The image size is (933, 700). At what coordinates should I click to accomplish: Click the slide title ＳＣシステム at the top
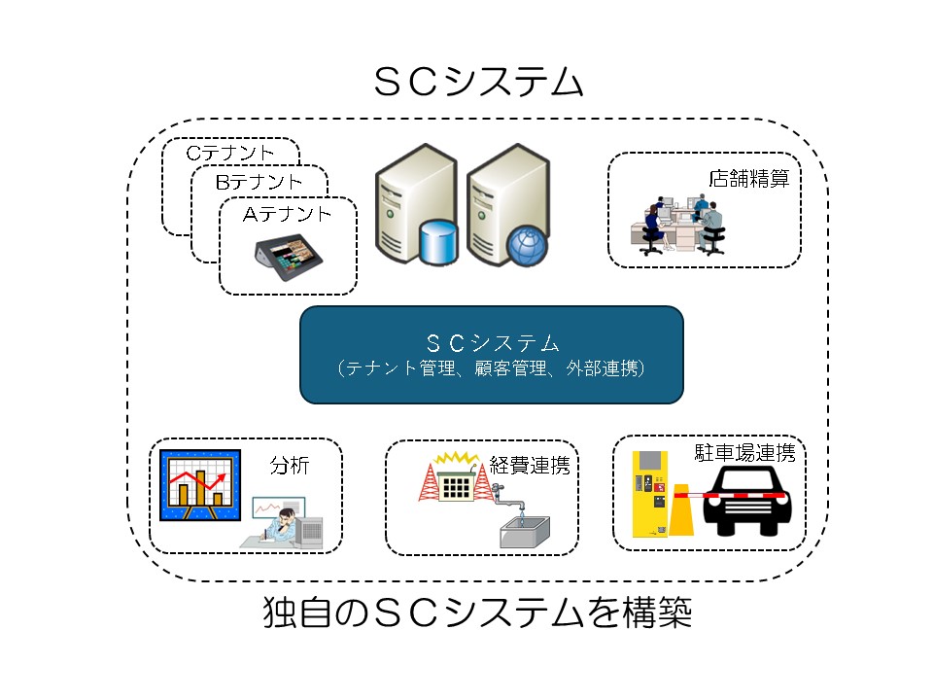coord(478,83)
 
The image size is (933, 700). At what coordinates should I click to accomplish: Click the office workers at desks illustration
coord(679,225)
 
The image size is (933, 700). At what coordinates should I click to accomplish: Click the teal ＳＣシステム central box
coord(491,354)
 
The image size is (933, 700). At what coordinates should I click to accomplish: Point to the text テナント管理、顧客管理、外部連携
coord(491,369)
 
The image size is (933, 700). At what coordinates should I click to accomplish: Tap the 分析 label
coord(289,466)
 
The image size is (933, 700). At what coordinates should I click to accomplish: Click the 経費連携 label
coord(529,465)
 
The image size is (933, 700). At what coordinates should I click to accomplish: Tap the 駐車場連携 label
coord(744,453)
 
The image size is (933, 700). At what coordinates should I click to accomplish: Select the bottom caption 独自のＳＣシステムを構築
coord(478,613)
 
